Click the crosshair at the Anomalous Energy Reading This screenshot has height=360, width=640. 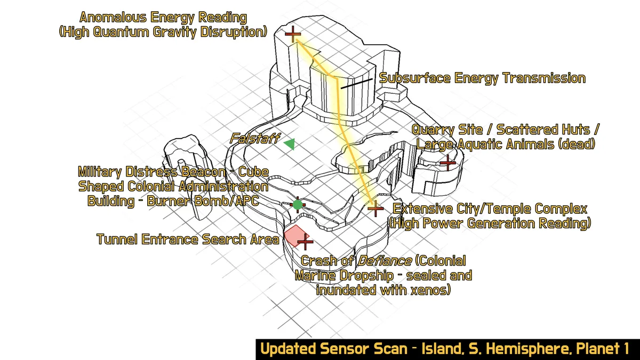293,35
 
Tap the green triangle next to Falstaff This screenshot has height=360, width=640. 290,143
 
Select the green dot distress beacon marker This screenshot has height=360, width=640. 297,204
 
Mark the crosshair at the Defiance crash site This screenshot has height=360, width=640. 305,243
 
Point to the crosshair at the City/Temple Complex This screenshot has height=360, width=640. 375,209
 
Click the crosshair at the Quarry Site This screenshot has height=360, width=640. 447,162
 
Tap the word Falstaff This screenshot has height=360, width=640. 254,139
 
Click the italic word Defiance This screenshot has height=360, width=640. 384,261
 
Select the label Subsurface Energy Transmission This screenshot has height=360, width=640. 482,78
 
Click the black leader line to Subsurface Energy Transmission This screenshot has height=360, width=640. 356,83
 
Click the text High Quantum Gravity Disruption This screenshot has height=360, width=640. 163,32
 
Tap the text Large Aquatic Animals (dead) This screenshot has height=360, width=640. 505,144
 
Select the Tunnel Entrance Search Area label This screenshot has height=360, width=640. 188,239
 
